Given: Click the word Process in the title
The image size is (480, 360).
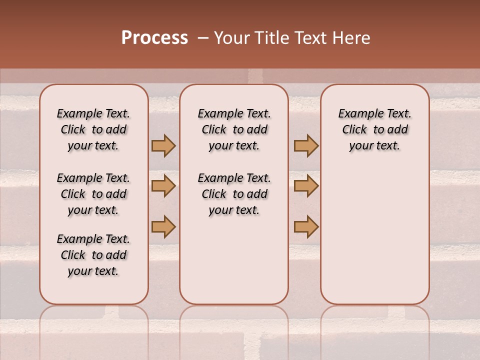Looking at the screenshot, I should (x=154, y=38).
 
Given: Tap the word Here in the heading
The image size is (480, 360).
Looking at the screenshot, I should (x=352, y=38).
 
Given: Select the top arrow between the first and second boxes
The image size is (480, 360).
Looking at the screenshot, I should (x=163, y=145).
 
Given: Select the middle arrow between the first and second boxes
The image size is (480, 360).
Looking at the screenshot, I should (x=163, y=186).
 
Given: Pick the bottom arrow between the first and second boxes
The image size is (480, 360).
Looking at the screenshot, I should (x=163, y=226).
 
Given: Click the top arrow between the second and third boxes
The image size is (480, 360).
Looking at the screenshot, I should (x=306, y=145).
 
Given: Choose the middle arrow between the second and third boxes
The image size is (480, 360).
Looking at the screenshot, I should (x=306, y=186).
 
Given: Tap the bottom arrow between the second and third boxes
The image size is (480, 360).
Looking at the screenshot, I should (x=306, y=226).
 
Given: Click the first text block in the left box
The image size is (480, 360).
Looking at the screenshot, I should (x=93, y=129).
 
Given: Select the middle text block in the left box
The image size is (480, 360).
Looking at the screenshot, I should (x=93, y=194).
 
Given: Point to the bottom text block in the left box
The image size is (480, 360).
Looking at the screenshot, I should (x=93, y=255).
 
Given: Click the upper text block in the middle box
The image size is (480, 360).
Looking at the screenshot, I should (x=234, y=129).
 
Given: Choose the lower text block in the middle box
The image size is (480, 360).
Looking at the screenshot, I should (x=234, y=194).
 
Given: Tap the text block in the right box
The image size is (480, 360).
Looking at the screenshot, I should (x=374, y=129).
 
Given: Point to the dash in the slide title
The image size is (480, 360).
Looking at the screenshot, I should (x=202, y=38).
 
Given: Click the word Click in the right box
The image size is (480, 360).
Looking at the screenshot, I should (x=354, y=130).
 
